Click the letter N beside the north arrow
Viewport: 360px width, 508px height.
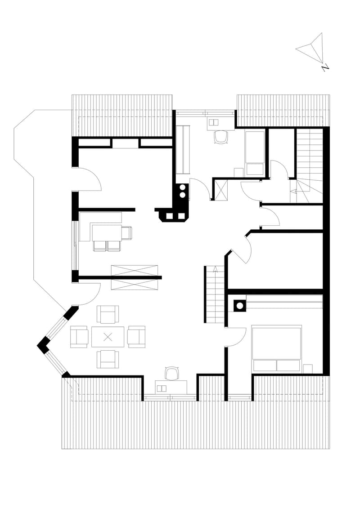(x=325, y=67)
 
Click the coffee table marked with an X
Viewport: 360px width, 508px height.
(x=108, y=337)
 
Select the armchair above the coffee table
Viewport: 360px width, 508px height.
(x=108, y=314)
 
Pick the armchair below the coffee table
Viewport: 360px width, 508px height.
(x=108, y=359)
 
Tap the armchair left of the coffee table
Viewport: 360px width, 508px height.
(x=79, y=337)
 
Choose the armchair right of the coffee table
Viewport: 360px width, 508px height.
(x=136, y=337)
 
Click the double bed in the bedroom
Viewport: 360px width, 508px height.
(x=277, y=348)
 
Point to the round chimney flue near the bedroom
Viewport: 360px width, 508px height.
(x=240, y=306)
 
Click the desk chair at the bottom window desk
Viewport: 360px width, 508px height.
(x=172, y=374)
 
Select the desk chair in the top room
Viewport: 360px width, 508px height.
(x=221, y=137)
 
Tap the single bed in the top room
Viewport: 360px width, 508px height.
(x=255, y=153)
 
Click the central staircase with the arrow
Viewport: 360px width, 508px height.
(x=215, y=294)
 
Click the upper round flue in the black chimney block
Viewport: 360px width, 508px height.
(x=183, y=187)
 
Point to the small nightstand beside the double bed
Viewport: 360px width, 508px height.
(x=308, y=368)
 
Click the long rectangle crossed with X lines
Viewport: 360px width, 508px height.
(x=135, y=277)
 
